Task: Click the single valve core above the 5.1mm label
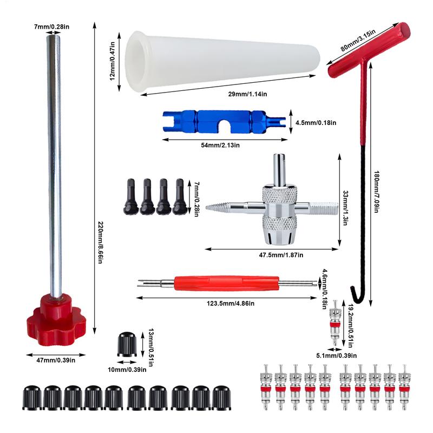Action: pyautogui.click(x=334, y=325)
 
